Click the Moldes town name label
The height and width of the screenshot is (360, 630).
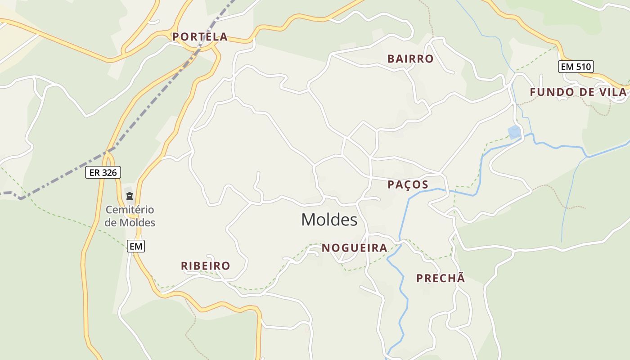pos(329,220)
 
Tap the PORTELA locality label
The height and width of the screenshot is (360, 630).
pos(200,37)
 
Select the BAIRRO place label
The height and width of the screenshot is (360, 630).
pos(410,59)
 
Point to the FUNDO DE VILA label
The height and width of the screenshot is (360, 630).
pos(578,92)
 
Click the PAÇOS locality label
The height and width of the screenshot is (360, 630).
pos(408,184)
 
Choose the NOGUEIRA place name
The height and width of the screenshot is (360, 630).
pos(354,248)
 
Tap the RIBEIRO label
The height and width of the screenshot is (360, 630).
pos(205,266)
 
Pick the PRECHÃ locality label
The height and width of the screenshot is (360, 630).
pos(441,279)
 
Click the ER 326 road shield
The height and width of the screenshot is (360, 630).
pos(103,172)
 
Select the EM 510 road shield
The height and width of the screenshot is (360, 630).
pos(576,67)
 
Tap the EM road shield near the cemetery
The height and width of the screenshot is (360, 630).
pos(135,246)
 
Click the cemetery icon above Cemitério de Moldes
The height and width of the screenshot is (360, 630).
pos(130,196)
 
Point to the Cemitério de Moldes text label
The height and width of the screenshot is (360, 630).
pos(130,216)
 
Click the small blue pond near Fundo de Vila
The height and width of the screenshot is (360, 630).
pos(514,132)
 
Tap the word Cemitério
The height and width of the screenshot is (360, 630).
pos(130,210)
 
